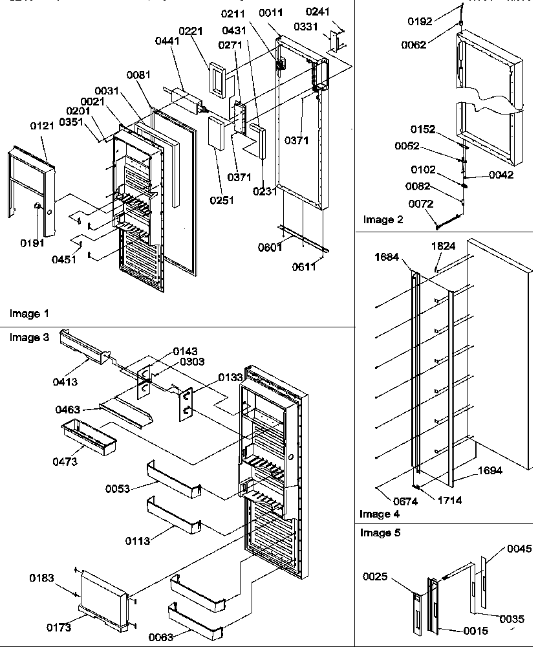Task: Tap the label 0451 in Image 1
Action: point(63,259)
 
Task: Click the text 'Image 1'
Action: point(29,314)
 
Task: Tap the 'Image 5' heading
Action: point(380,533)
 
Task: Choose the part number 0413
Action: point(65,382)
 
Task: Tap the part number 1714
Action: point(449,501)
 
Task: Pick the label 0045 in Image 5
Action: point(519,549)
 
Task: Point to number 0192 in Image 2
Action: point(421,21)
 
